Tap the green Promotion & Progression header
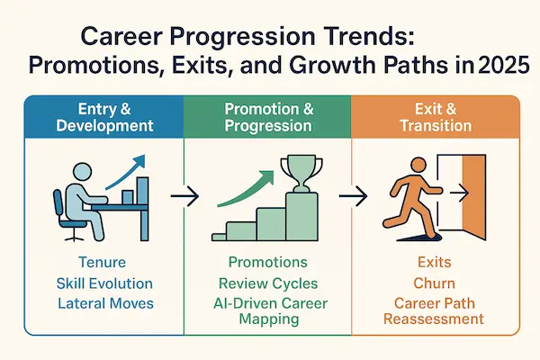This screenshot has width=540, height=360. pyautogui.click(x=267, y=117)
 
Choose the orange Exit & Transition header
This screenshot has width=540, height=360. pyautogui.click(x=436, y=117)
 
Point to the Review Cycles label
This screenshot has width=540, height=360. pyautogui.click(x=267, y=283)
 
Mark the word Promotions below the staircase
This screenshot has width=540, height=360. pyautogui.click(x=267, y=263)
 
